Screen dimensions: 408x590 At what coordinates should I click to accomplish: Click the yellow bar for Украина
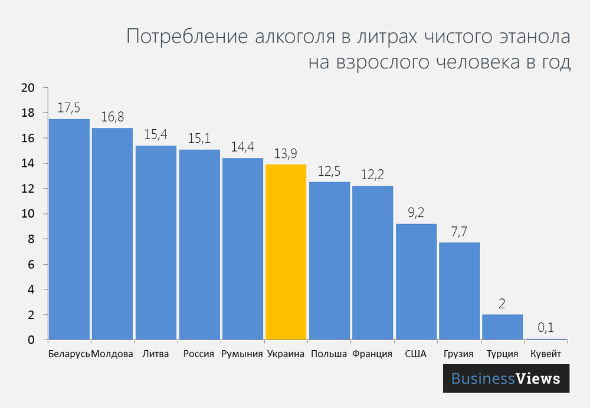click(x=286, y=252)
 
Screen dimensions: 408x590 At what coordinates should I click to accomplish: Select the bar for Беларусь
click(x=69, y=229)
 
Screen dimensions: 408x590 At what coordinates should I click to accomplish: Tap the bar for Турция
click(x=503, y=327)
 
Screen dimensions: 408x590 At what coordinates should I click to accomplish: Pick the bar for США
click(x=416, y=282)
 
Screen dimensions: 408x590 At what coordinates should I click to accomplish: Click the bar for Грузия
click(x=459, y=291)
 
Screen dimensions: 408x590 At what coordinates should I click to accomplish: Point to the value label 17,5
click(x=69, y=108)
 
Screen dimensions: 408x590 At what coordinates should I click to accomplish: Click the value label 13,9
click(x=286, y=153)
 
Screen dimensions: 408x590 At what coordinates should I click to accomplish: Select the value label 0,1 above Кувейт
click(x=546, y=328)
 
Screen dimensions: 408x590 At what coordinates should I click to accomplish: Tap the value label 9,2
click(x=416, y=213)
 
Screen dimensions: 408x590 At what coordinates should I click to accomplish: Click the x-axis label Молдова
click(x=112, y=354)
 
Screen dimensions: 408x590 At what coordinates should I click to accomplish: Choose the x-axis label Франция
click(x=372, y=354)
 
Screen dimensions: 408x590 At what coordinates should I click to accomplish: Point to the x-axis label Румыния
click(x=242, y=354)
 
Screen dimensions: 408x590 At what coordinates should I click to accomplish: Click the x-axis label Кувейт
click(x=546, y=354)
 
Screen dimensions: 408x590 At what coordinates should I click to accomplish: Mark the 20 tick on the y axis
click(x=27, y=88)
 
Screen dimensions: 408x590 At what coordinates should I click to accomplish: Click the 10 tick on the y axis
click(x=27, y=214)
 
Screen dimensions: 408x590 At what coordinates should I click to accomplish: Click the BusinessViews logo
click(x=506, y=379)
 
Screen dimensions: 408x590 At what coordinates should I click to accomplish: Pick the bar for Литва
click(x=156, y=243)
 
